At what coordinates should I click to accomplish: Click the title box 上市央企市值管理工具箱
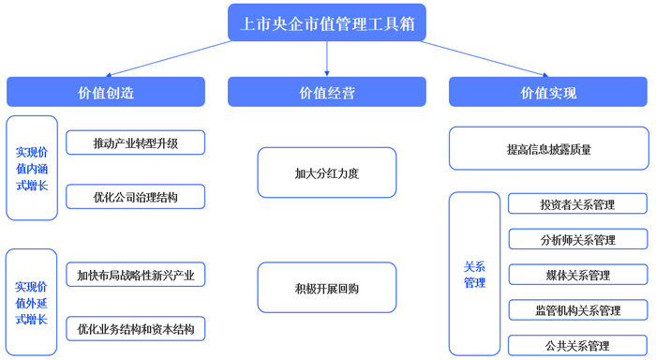pos(326,22)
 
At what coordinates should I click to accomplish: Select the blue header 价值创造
pos(105,92)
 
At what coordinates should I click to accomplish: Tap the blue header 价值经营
pos(326,92)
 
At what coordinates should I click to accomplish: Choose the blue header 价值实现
pos(548,92)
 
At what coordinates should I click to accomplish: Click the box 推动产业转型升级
pos(135,142)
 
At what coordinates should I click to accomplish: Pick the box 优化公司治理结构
pos(135,197)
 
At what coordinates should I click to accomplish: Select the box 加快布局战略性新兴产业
pos(135,275)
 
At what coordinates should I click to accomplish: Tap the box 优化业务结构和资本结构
pos(135,329)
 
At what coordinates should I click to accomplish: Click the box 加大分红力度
pos(326,172)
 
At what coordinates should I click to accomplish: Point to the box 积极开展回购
pos(326,287)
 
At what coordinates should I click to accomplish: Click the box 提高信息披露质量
pos(548,148)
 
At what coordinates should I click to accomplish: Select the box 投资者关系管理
pos(577,204)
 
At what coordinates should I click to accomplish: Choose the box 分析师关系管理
pos(577,239)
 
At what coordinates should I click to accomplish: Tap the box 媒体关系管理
pos(577,275)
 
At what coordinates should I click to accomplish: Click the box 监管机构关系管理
pos(577,310)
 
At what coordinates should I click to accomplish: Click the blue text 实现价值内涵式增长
pos(32,169)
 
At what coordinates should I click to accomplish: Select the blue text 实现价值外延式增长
pos(32,303)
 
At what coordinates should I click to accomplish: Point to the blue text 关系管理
pos(475,274)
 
